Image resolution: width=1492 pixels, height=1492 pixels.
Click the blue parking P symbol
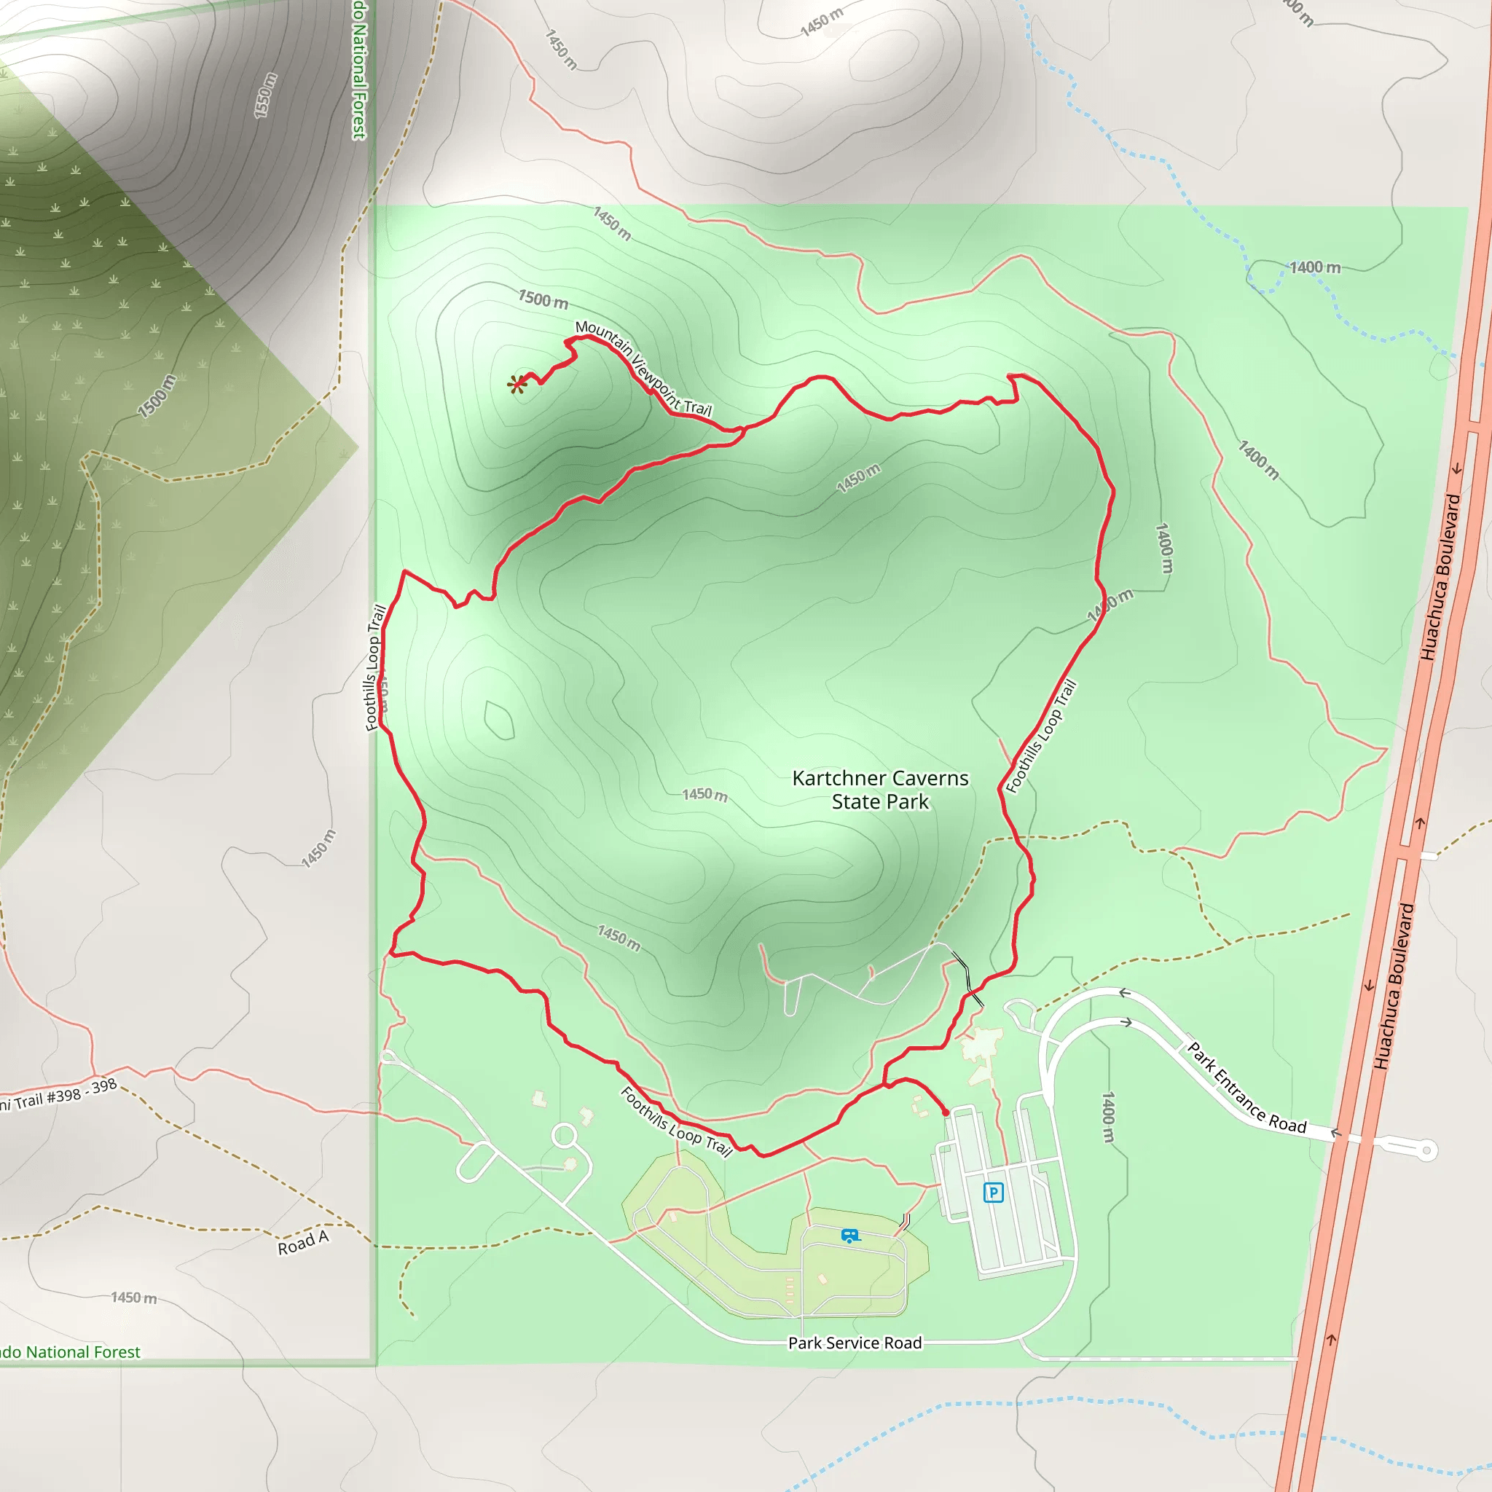point(993,1193)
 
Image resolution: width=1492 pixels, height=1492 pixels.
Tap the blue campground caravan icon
point(849,1236)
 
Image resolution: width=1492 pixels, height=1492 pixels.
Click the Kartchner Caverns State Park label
point(880,789)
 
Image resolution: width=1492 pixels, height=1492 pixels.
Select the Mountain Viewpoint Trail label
point(643,368)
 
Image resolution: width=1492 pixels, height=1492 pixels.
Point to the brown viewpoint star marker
point(517,384)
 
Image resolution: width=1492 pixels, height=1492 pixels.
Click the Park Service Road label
point(854,1343)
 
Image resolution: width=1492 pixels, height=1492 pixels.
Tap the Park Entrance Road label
point(1246,1088)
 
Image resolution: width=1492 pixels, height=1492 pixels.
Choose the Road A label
point(303,1243)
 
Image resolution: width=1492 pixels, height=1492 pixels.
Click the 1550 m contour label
point(265,95)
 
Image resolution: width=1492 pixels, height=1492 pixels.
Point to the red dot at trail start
point(945,1112)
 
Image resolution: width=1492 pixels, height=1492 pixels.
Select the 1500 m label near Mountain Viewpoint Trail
point(543,299)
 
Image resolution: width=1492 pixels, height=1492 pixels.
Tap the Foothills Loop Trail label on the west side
point(375,667)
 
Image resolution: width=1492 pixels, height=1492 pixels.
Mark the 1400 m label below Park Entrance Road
point(1108,1117)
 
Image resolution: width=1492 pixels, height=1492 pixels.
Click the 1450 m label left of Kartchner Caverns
point(704,794)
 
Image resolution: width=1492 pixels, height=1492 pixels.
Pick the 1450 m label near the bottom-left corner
point(133,1297)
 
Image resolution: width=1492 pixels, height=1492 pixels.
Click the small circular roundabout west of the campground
point(565,1136)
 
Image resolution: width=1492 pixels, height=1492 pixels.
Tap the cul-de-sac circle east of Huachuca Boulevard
point(1426,1150)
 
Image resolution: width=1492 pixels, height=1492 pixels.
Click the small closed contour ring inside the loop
point(498,720)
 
